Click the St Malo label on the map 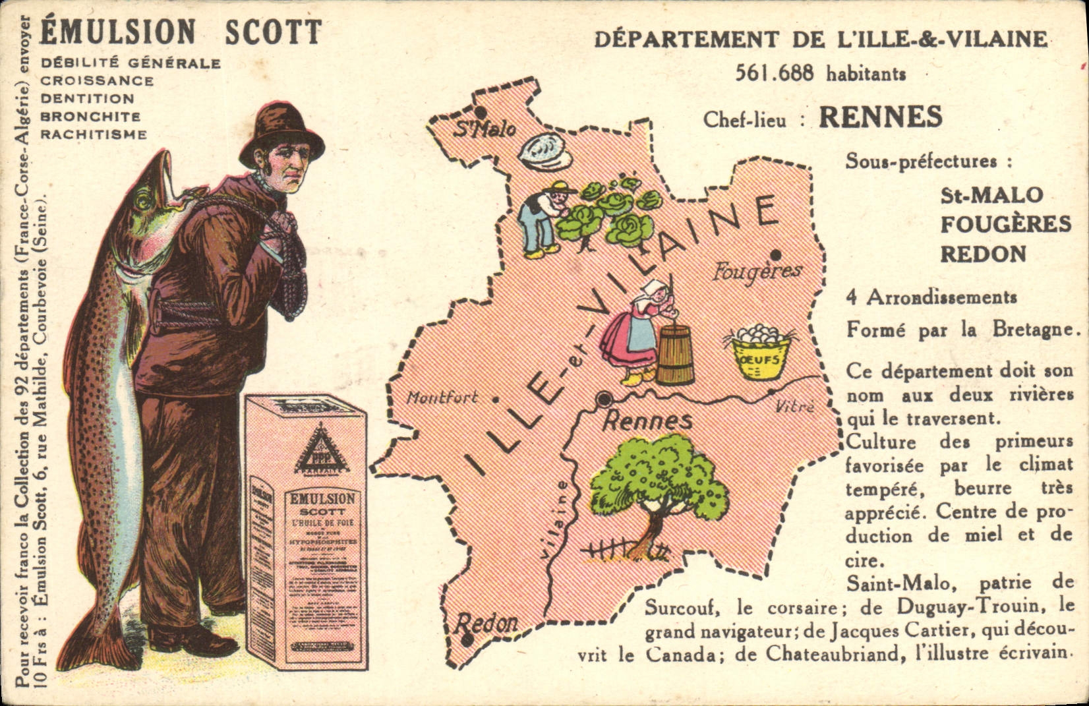point(484,129)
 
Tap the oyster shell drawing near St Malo point(544,152)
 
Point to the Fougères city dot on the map point(776,255)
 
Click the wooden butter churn point(675,354)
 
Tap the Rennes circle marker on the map point(603,399)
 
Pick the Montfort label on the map point(442,397)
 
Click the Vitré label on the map point(795,406)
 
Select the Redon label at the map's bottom point(487,622)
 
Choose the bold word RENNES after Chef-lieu point(880,117)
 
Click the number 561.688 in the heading point(775,73)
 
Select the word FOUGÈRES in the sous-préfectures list point(1005,224)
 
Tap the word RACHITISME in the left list point(94,134)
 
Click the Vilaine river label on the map point(558,520)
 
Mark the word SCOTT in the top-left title point(273,32)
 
